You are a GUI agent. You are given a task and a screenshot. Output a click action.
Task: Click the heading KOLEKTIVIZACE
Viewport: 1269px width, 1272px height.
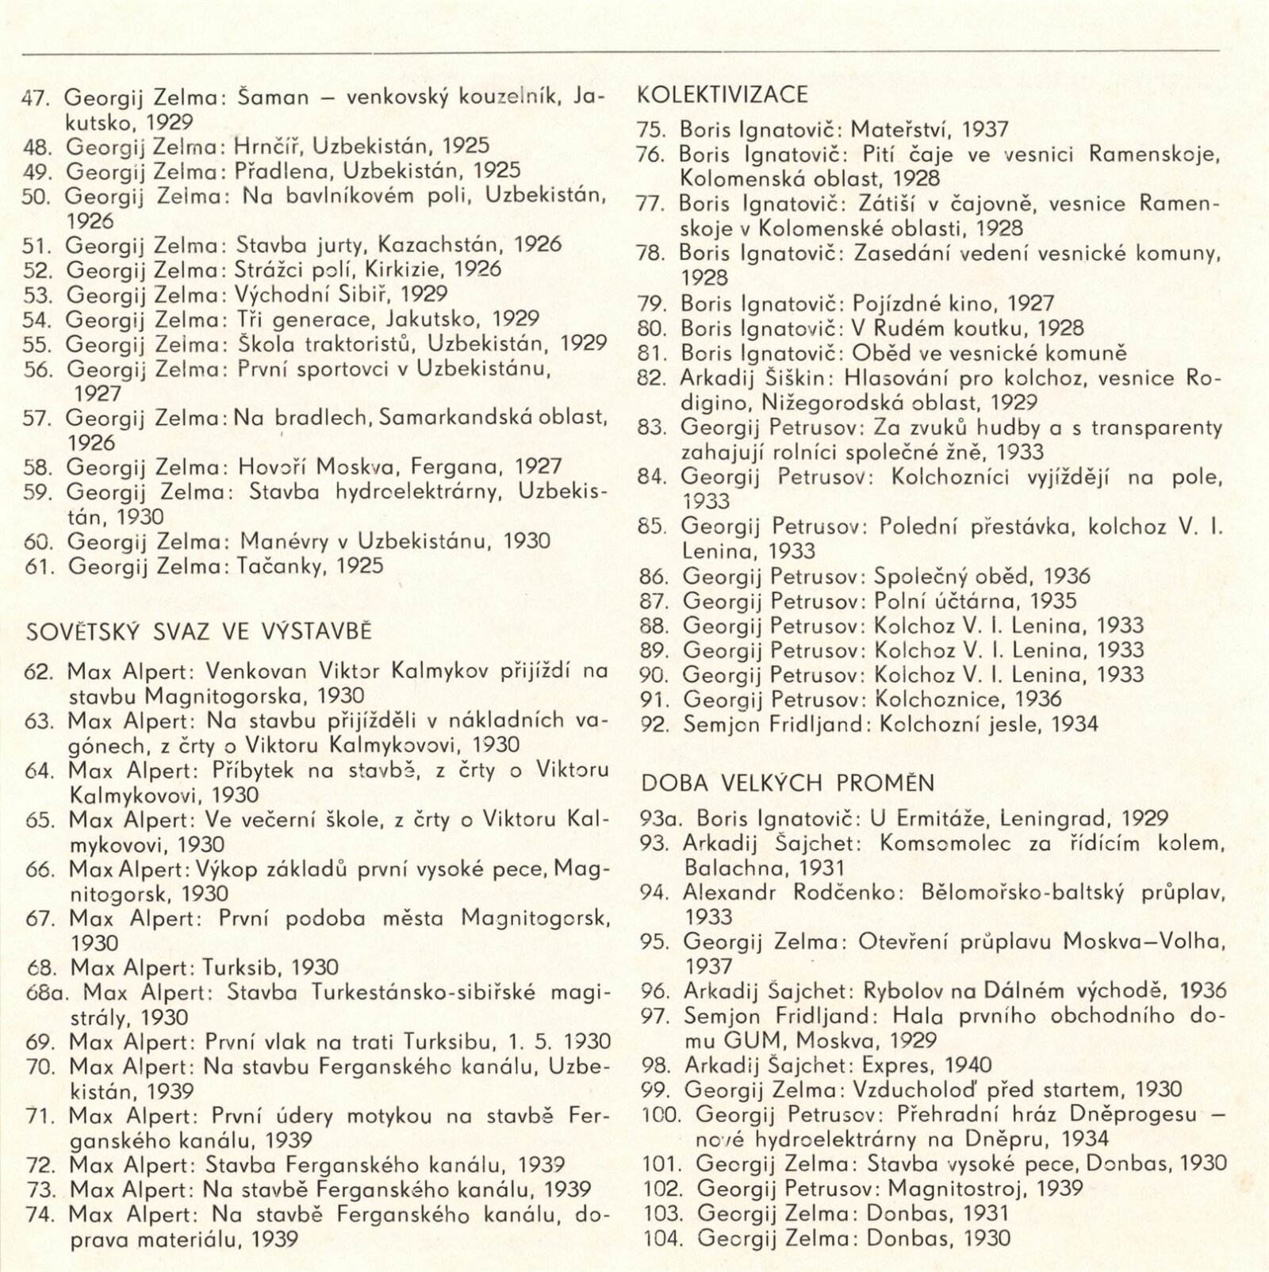723,95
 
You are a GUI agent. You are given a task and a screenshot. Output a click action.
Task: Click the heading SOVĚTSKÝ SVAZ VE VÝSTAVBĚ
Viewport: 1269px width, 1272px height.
199,633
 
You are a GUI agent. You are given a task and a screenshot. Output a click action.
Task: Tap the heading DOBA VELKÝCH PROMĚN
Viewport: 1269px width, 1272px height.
788,784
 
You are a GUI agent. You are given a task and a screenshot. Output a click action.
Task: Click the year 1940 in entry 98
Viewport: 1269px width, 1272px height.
965,1065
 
